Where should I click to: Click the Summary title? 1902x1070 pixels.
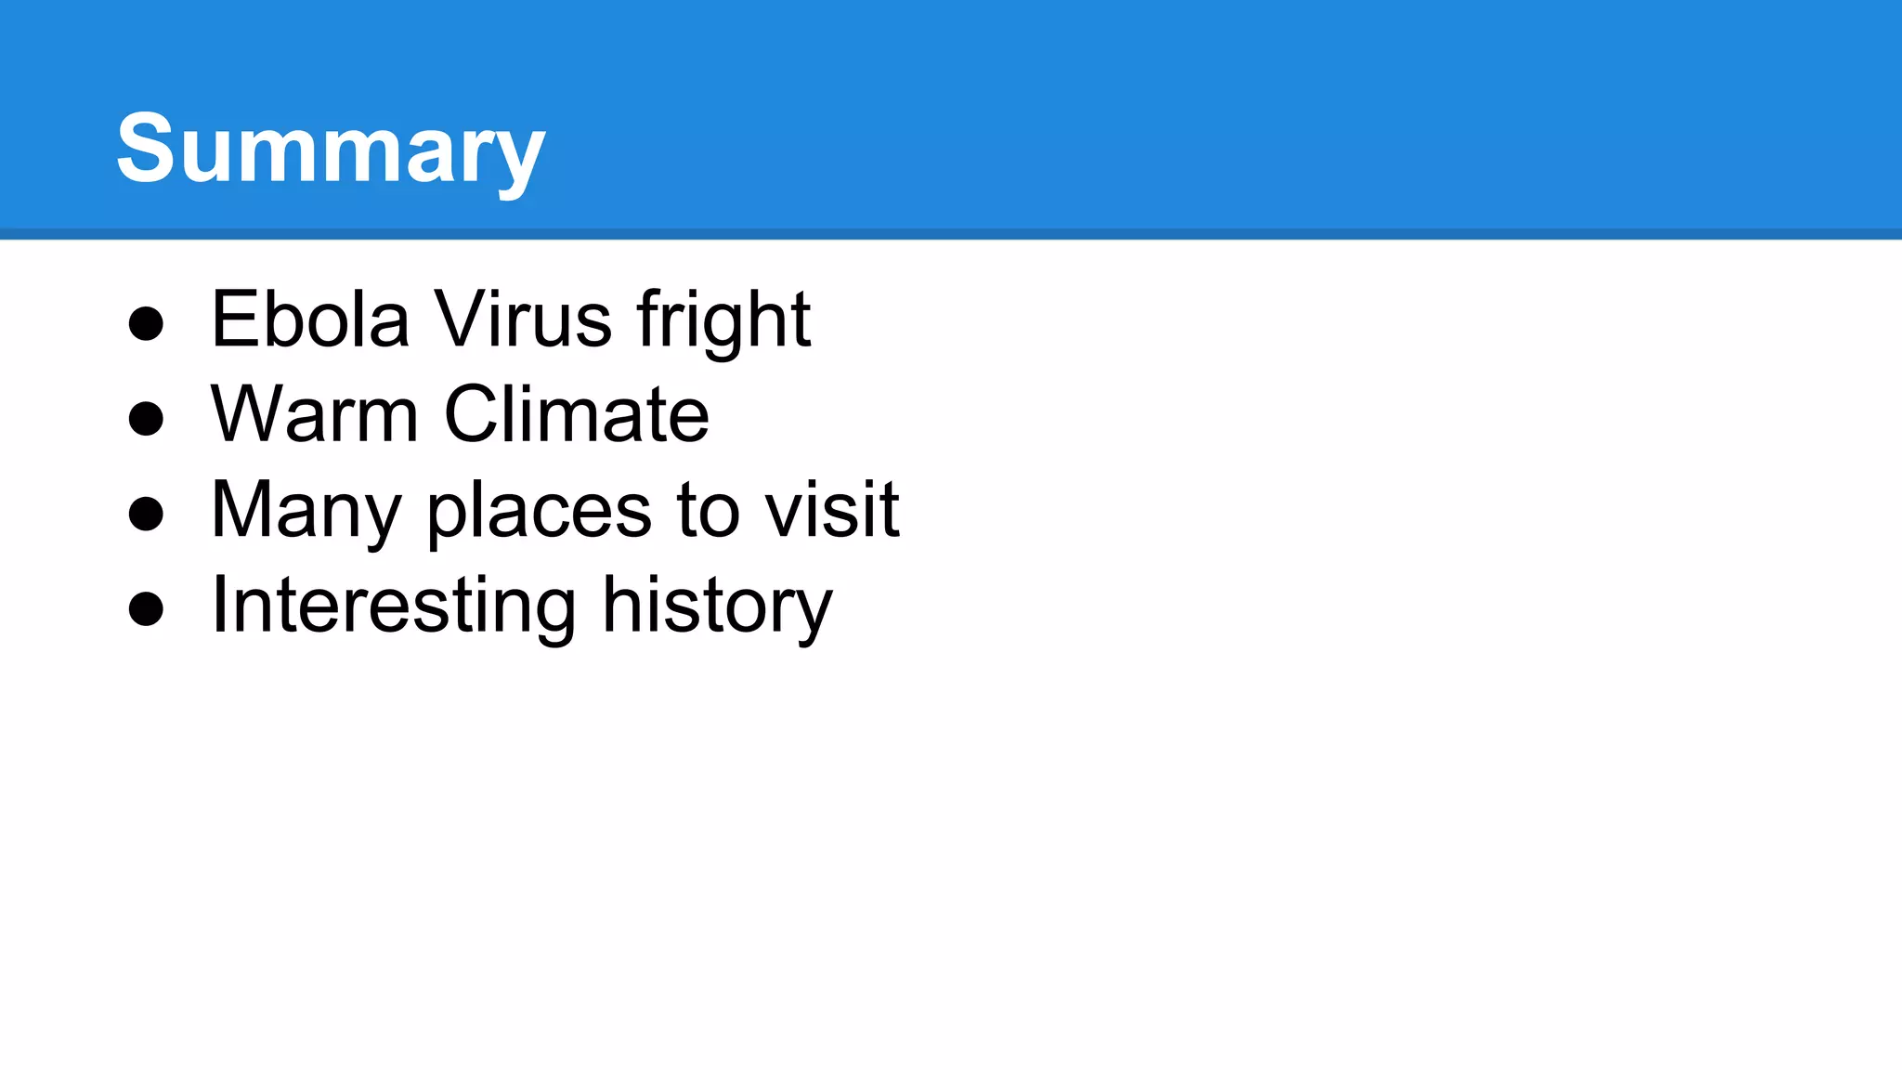tap(331, 149)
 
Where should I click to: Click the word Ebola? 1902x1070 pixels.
tap(310, 320)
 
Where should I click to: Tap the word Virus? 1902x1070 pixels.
tap(523, 320)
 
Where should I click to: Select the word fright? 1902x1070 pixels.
tap(723, 321)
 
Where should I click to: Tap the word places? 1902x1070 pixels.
tap(540, 513)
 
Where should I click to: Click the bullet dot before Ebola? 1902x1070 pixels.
tap(146, 324)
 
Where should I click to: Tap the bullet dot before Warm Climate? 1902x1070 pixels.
tap(146, 419)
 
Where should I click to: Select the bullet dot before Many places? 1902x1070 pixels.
tap(146, 514)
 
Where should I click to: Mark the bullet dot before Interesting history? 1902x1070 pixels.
tap(146, 609)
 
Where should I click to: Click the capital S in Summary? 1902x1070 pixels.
tap(145, 149)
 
